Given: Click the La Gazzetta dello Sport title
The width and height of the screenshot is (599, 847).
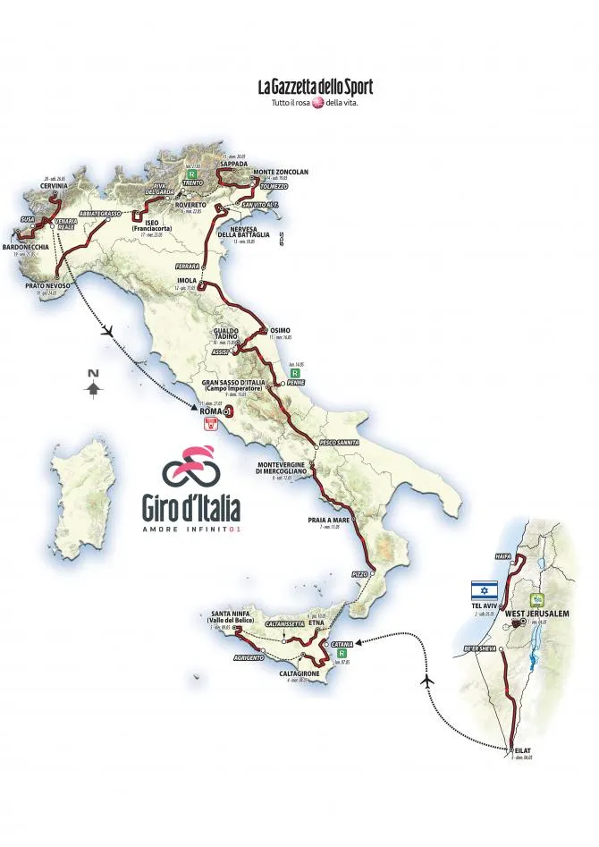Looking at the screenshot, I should pyautogui.click(x=315, y=87).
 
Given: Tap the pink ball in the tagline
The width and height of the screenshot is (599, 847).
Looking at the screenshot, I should pyautogui.click(x=316, y=103).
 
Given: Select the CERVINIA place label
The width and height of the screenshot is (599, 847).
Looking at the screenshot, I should pyautogui.click(x=54, y=186).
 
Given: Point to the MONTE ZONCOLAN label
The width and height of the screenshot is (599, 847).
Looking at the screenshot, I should pyautogui.click(x=281, y=172).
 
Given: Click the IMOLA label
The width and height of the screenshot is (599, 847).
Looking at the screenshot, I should pyautogui.click(x=187, y=280).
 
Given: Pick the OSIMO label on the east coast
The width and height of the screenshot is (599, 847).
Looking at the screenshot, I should pyautogui.click(x=280, y=330).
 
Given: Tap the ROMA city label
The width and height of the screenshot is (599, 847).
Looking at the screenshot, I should pyautogui.click(x=210, y=411).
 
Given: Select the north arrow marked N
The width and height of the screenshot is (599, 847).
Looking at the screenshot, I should pyautogui.click(x=93, y=384).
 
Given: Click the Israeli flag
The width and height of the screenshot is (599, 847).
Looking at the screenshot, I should pyautogui.click(x=485, y=589).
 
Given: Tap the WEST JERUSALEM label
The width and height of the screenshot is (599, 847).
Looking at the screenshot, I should pyautogui.click(x=537, y=614).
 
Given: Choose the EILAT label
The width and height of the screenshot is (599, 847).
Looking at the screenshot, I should pyautogui.click(x=521, y=750).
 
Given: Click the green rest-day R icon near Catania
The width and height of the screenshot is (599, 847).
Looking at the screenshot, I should pyautogui.click(x=341, y=654).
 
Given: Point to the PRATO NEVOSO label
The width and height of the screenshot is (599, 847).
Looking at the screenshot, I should pyautogui.click(x=47, y=286).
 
